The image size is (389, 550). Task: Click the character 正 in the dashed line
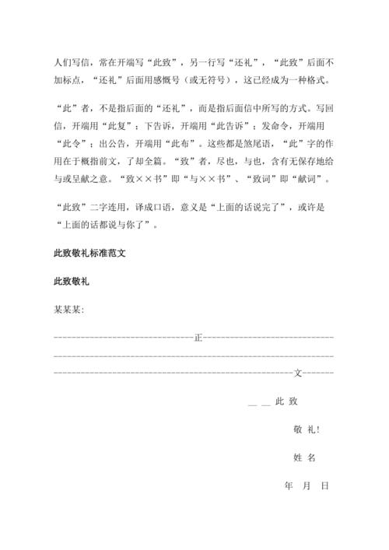point(198,338)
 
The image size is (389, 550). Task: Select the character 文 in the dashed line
point(299,373)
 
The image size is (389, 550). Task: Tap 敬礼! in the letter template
point(307,429)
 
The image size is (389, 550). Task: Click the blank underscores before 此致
point(258,402)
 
